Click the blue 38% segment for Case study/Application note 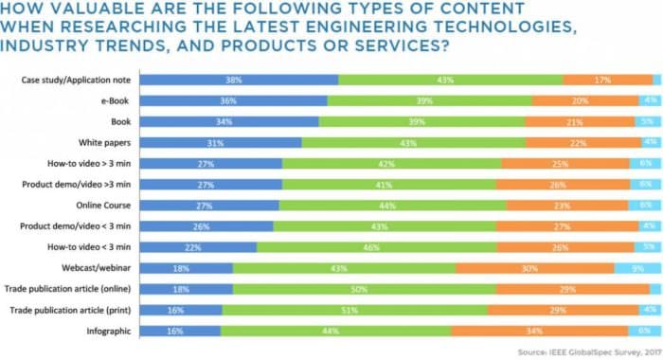coord(239,81)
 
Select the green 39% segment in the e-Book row coord(429,100)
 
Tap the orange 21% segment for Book coord(573,122)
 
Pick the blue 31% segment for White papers coord(221,143)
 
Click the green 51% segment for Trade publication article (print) coord(355,310)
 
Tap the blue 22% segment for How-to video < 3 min coord(198,247)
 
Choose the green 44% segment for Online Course coord(393,206)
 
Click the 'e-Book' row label coord(113,100)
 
